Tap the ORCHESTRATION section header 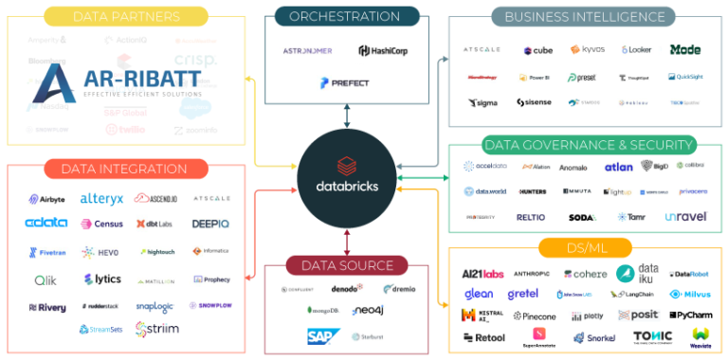point(344,16)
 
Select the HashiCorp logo point(383,50)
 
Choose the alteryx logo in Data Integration point(102,199)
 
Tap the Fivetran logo point(47,252)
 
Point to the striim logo point(157,329)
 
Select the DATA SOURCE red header point(348,264)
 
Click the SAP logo point(318,335)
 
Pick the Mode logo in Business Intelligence point(684,49)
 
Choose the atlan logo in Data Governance point(618,166)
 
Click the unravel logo point(685,216)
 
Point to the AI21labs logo point(482,274)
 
